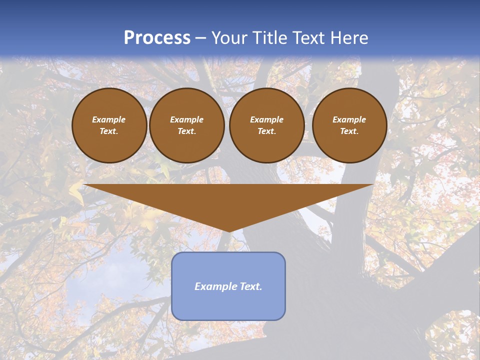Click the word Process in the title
pos(157,38)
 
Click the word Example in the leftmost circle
pos(109,119)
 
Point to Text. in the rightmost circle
pos(349,131)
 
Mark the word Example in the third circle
pos(266,119)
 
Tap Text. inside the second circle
pos(186,131)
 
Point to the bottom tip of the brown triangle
pos(228,230)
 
